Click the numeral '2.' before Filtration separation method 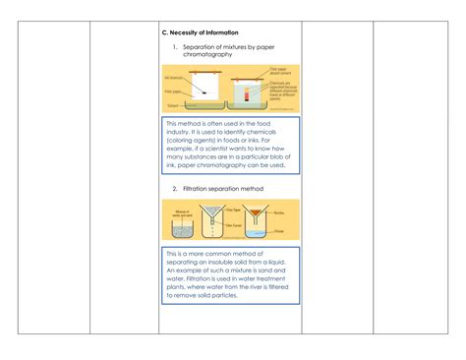[x=175, y=188]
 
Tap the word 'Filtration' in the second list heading [x=201, y=188]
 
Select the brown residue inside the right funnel [x=258, y=213]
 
